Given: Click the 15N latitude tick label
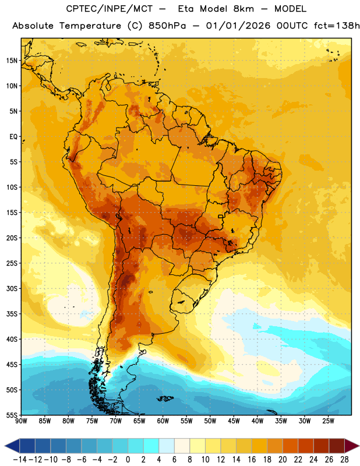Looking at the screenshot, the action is (12, 61).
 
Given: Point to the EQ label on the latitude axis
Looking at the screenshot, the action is (13, 137).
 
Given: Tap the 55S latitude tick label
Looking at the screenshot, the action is (12, 415).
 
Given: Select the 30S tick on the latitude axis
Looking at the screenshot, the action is (12, 288).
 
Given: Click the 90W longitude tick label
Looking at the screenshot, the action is (22, 421).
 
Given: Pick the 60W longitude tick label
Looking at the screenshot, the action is (163, 421).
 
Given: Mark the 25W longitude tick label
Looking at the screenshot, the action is (328, 421).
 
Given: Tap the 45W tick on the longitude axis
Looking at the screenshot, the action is (234, 421).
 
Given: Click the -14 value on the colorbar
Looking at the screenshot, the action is (20, 460).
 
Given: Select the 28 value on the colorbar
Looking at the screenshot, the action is (344, 460).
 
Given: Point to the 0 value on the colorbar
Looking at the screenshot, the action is (128, 460).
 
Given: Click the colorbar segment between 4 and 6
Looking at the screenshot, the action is (167, 446).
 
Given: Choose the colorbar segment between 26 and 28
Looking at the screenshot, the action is (337, 446).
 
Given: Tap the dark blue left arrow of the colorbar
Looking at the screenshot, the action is (12, 446).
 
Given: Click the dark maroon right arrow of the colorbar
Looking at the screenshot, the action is (352, 446).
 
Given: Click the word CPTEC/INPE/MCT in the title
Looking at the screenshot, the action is (110, 9).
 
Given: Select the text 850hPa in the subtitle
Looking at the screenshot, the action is (167, 26).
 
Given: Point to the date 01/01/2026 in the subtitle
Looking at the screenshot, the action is (238, 26).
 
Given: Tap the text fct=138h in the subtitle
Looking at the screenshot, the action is (337, 26).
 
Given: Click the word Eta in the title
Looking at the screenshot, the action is (186, 9).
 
